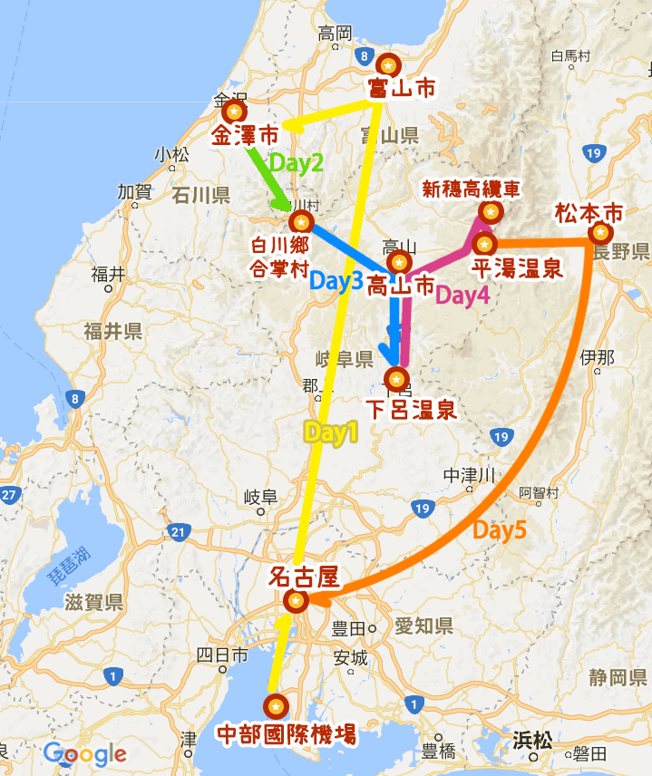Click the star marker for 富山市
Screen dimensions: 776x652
coord(389,65)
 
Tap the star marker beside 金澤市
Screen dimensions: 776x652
coord(234,112)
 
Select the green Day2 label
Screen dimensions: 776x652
coord(297,164)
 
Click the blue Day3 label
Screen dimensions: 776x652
coord(336,281)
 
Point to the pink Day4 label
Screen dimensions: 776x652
coord(462,295)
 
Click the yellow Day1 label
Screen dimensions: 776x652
coord(331,433)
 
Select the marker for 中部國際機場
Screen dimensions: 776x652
coord(275,705)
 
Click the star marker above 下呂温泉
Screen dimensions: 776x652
coord(396,379)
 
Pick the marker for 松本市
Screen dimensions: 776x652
coord(598,233)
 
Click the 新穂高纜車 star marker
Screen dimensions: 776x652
coord(491,212)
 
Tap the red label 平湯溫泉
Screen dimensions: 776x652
coord(517,268)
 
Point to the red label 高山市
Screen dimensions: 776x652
coord(400,287)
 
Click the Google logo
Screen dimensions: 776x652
coord(84,753)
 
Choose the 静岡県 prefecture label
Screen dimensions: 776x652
coord(617,676)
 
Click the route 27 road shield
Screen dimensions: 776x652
coord(9,495)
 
